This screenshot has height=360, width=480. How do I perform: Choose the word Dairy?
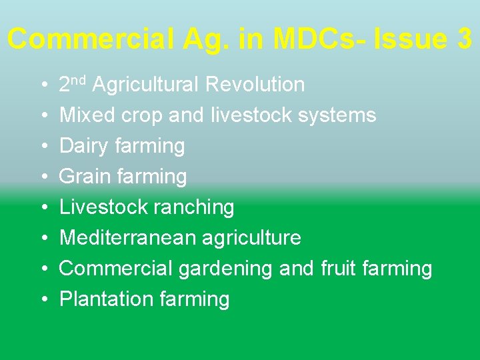84,146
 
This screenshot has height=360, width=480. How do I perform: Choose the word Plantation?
98,299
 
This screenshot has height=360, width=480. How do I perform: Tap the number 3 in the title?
464,39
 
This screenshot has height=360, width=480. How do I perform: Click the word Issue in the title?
411,39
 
